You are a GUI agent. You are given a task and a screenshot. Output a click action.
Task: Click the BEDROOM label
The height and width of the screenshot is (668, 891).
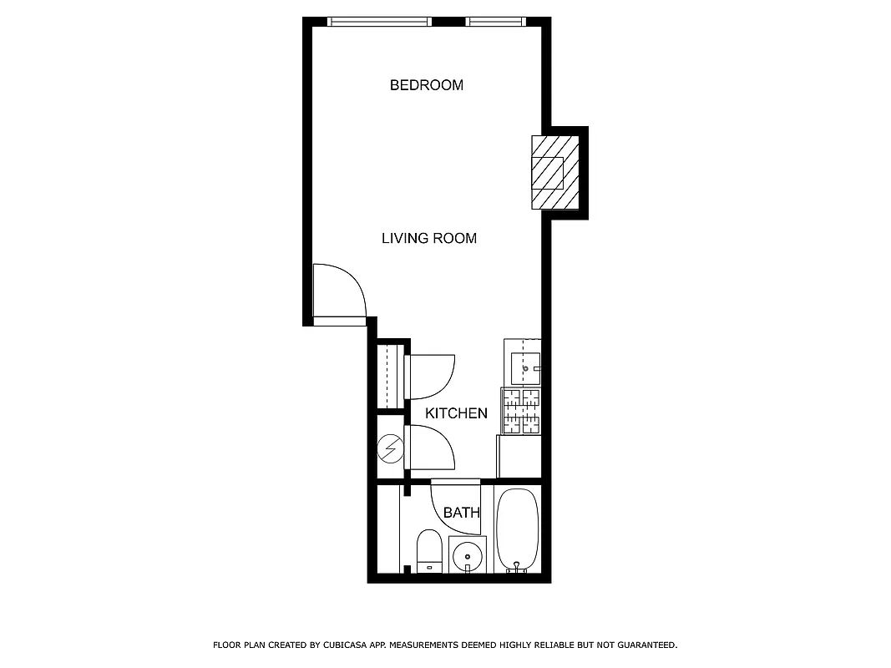coord(426,85)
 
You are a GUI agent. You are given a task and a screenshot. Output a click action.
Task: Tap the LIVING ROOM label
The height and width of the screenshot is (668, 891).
coord(428,238)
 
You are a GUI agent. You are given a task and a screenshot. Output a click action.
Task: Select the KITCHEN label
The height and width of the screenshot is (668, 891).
coord(456,413)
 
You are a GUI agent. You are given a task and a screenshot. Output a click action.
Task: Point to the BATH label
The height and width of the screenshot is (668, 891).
coord(461,513)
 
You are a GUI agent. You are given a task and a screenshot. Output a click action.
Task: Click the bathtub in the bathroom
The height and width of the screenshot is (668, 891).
coord(518,529)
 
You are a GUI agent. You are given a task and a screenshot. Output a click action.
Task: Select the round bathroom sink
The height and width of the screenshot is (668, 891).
coord(467,554)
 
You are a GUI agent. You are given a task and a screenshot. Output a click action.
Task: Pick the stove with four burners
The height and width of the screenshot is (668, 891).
coord(521,412)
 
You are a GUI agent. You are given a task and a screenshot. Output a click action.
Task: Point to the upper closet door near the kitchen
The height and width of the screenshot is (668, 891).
coord(430,377)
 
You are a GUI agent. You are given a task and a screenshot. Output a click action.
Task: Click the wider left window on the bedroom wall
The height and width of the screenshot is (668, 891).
coord(379,22)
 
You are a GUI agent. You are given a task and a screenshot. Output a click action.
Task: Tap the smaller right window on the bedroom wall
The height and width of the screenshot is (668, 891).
coord(495,22)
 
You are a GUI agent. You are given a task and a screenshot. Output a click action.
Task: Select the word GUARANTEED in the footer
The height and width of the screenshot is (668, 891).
coord(644,645)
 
